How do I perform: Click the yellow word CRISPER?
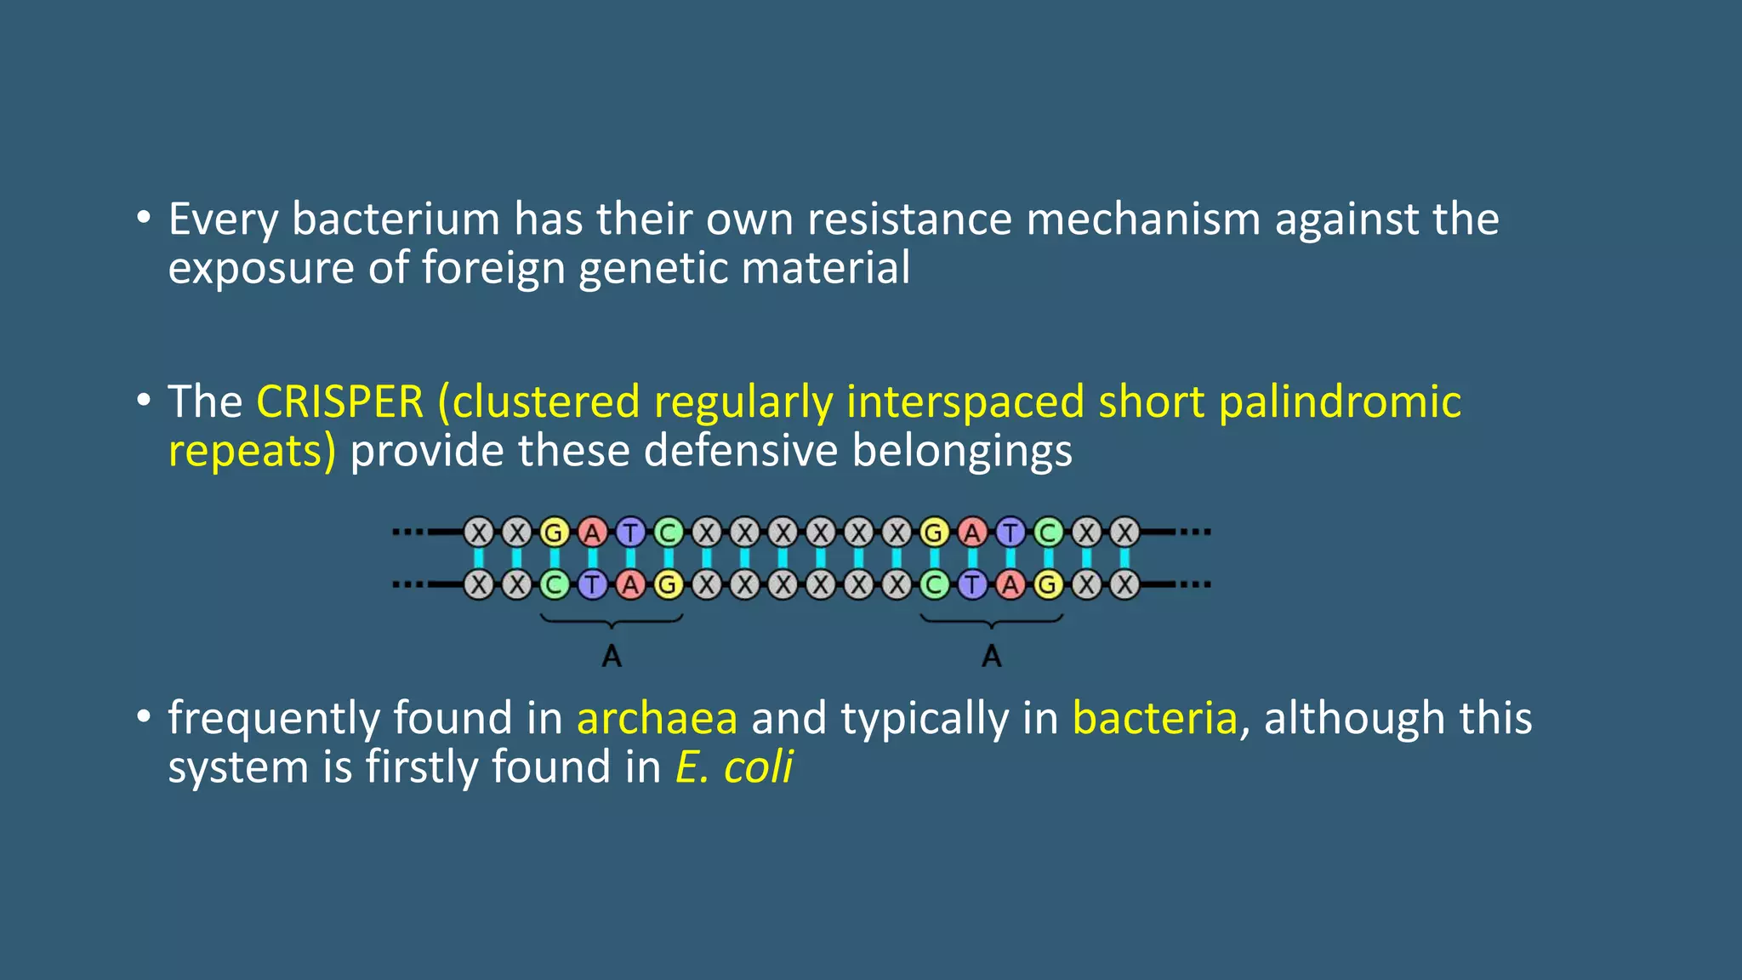tap(339, 402)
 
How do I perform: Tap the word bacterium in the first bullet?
tap(396, 219)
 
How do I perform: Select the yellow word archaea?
tap(657, 718)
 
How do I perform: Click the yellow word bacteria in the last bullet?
tap(1154, 718)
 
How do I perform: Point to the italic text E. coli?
tap(734, 767)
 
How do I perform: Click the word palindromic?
tap(1340, 402)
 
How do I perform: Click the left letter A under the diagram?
tap(612, 657)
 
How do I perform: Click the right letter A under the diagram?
tap(992, 657)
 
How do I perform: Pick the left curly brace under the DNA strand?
tap(612, 624)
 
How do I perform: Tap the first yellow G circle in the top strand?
tap(555, 533)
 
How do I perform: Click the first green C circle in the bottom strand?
tap(555, 585)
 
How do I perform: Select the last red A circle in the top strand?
tap(972, 533)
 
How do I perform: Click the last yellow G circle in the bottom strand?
tap(1048, 585)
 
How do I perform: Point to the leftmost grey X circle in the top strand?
tap(479, 533)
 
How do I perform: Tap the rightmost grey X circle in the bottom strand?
tap(1124, 585)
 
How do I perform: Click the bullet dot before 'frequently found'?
tap(144, 716)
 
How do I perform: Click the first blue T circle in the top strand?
tap(630, 533)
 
